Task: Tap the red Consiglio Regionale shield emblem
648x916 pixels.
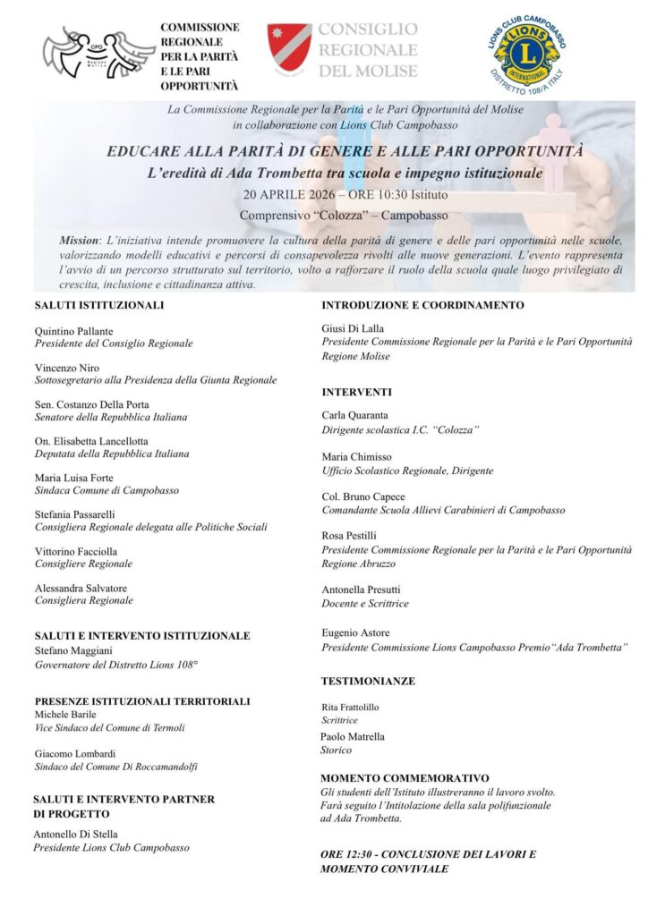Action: pos(289,50)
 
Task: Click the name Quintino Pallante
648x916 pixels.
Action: pos(75,330)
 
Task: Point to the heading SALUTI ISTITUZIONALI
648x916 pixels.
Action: pos(98,305)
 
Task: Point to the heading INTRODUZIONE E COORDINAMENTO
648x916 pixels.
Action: pos(422,305)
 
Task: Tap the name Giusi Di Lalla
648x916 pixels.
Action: pos(353,328)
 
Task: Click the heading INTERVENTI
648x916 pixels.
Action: pos(356,392)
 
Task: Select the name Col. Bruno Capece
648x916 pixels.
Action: pos(363,496)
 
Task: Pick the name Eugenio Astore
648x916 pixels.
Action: pos(355,632)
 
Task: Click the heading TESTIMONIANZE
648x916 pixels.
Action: pos(368,682)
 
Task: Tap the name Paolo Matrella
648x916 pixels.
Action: pos(353,737)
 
